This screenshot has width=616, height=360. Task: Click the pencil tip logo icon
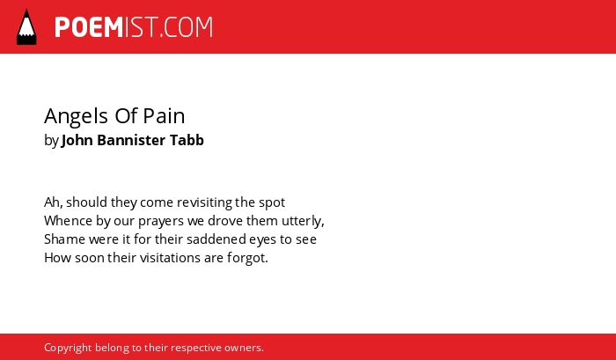(26, 27)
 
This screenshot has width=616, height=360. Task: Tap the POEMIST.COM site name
(134, 27)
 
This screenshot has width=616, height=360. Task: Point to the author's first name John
(77, 140)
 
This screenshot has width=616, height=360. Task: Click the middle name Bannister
(131, 140)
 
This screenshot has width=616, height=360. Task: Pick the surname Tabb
(187, 140)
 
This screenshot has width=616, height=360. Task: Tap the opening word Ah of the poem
(52, 202)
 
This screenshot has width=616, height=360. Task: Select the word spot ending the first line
(272, 203)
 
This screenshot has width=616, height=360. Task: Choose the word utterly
(303, 221)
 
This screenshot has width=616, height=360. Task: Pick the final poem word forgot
(247, 259)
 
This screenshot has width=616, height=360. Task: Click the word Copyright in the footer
(68, 349)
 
